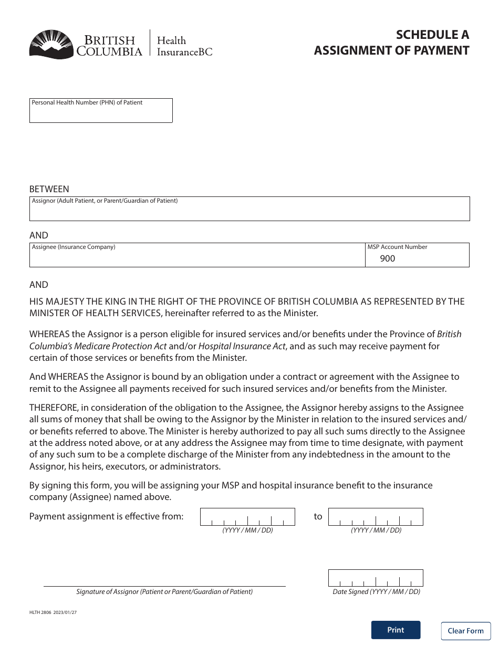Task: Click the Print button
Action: coord(396,630)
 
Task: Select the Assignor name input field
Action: coord(250,212)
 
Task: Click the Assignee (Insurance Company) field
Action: coord(197,258)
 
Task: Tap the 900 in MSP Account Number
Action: coord(388,258)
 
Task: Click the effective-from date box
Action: coord(247,517)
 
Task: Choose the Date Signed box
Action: coord(376,578)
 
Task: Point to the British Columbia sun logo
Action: coord(51,44)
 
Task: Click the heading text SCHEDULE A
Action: coord(432,35)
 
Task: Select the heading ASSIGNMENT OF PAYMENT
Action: coord(391,50)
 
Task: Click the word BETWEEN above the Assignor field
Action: coord(49,189)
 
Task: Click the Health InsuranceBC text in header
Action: coord(181,46)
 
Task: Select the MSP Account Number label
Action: coord(397,247)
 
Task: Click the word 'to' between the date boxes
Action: coord(318,517)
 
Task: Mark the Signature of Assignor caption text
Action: coord(164,591)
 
